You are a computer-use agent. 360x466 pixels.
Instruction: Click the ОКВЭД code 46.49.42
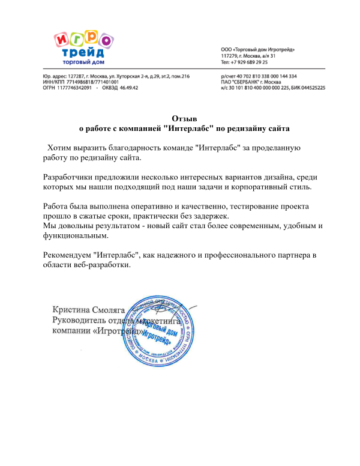click(129, 88)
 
